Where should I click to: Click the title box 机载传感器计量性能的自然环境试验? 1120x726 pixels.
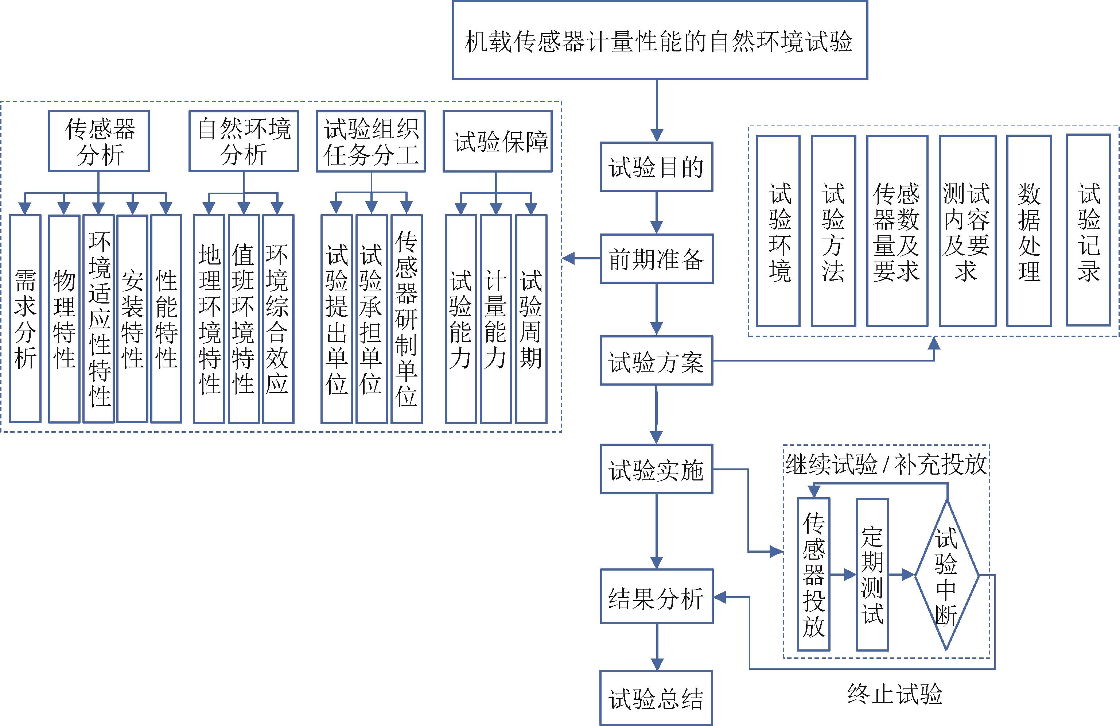tap(660, 40)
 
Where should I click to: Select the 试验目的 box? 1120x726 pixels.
tap(656, 167)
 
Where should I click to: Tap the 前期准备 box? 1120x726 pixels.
tap(656, 259)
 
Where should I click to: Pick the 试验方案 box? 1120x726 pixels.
tap(656, 361)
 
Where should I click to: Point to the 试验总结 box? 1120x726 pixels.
tap(656, 698)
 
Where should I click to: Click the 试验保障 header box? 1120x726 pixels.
tap(497, 141)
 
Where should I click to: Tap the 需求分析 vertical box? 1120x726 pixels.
tap(26, 319)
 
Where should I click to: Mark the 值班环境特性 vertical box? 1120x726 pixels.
tap(244, 319)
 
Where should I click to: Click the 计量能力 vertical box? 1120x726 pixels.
tap(495, 319)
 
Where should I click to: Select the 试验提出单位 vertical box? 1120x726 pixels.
tap(337, 319)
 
